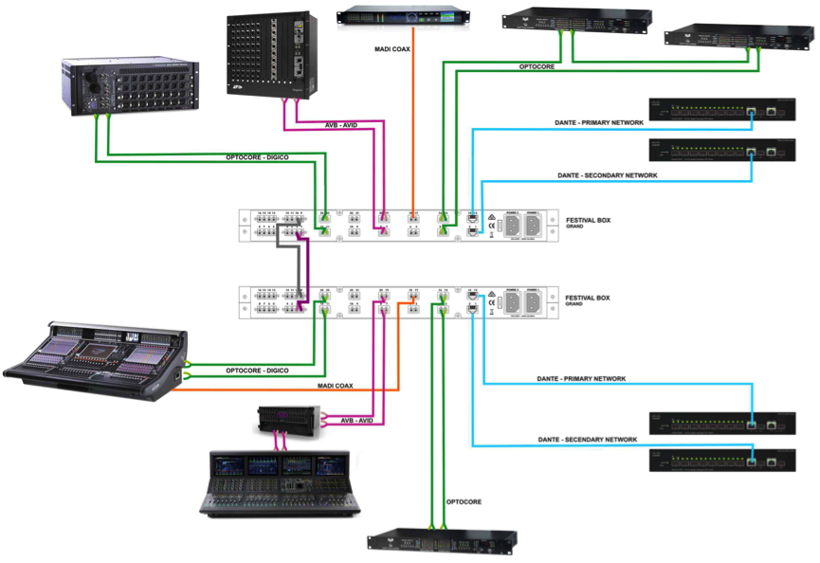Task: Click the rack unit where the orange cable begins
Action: tap(403, 16)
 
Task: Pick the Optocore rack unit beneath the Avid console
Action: tap(442, 539)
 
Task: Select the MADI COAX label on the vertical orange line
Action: tap(392, 48)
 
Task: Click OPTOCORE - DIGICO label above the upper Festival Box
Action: tap(258, 156)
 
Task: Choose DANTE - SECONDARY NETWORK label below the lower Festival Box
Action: tap(588, 440)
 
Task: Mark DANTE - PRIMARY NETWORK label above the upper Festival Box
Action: tap(598, 122)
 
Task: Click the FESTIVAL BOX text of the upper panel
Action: tap(588, 221)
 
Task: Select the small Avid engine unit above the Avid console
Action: tap(290, 420)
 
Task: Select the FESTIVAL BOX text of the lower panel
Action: tap(588, 298)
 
